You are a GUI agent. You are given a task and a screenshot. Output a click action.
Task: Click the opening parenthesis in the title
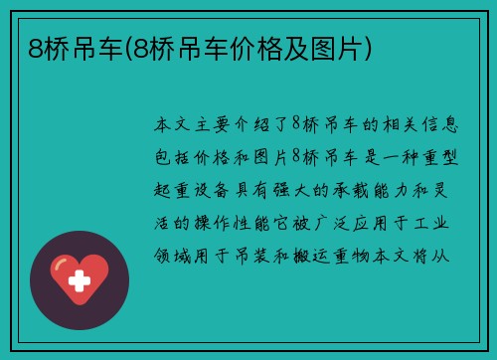click(x=122, y=46)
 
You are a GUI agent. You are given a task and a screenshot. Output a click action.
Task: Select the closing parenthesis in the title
click(x=369, y=46)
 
